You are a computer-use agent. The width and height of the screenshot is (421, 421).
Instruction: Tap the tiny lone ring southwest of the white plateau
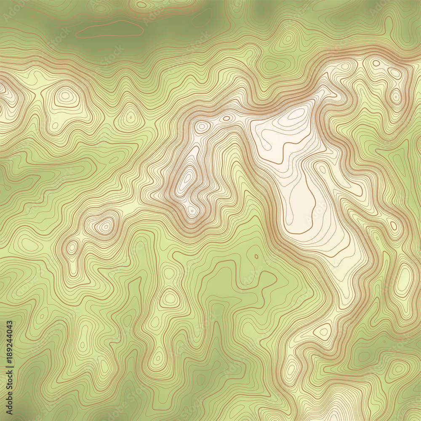pyautogui.click(x=256, y=256)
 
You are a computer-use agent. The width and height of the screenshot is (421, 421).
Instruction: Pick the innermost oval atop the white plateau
pyautogui.click(x=297, y=114)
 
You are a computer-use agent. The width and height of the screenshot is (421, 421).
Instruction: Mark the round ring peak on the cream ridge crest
pyautogui.click(x=203, y=126)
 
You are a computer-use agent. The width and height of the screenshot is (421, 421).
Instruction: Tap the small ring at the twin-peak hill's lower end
pyautogui.click(x=192, y=209)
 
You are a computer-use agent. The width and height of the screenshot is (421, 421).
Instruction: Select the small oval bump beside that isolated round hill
pyautogui.click(x=72, y=247)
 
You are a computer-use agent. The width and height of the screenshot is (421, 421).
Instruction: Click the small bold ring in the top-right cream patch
pyautogui.click(x=376, y=63)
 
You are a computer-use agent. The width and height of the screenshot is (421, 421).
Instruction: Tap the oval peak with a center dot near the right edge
pyautogui.click(x=396, y=96)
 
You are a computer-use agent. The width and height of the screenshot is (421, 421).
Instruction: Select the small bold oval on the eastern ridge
pyautogui.click(x=393, y=226)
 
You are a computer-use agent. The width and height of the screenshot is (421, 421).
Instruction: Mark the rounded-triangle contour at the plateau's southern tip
pyautogui.click(x=323, y=331)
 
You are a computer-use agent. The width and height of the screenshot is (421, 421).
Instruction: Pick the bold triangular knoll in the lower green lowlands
pyautogui.click(x=170, y=299)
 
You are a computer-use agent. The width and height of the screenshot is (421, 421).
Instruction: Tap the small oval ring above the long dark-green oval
pyautogui.click(x=142, y=5)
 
